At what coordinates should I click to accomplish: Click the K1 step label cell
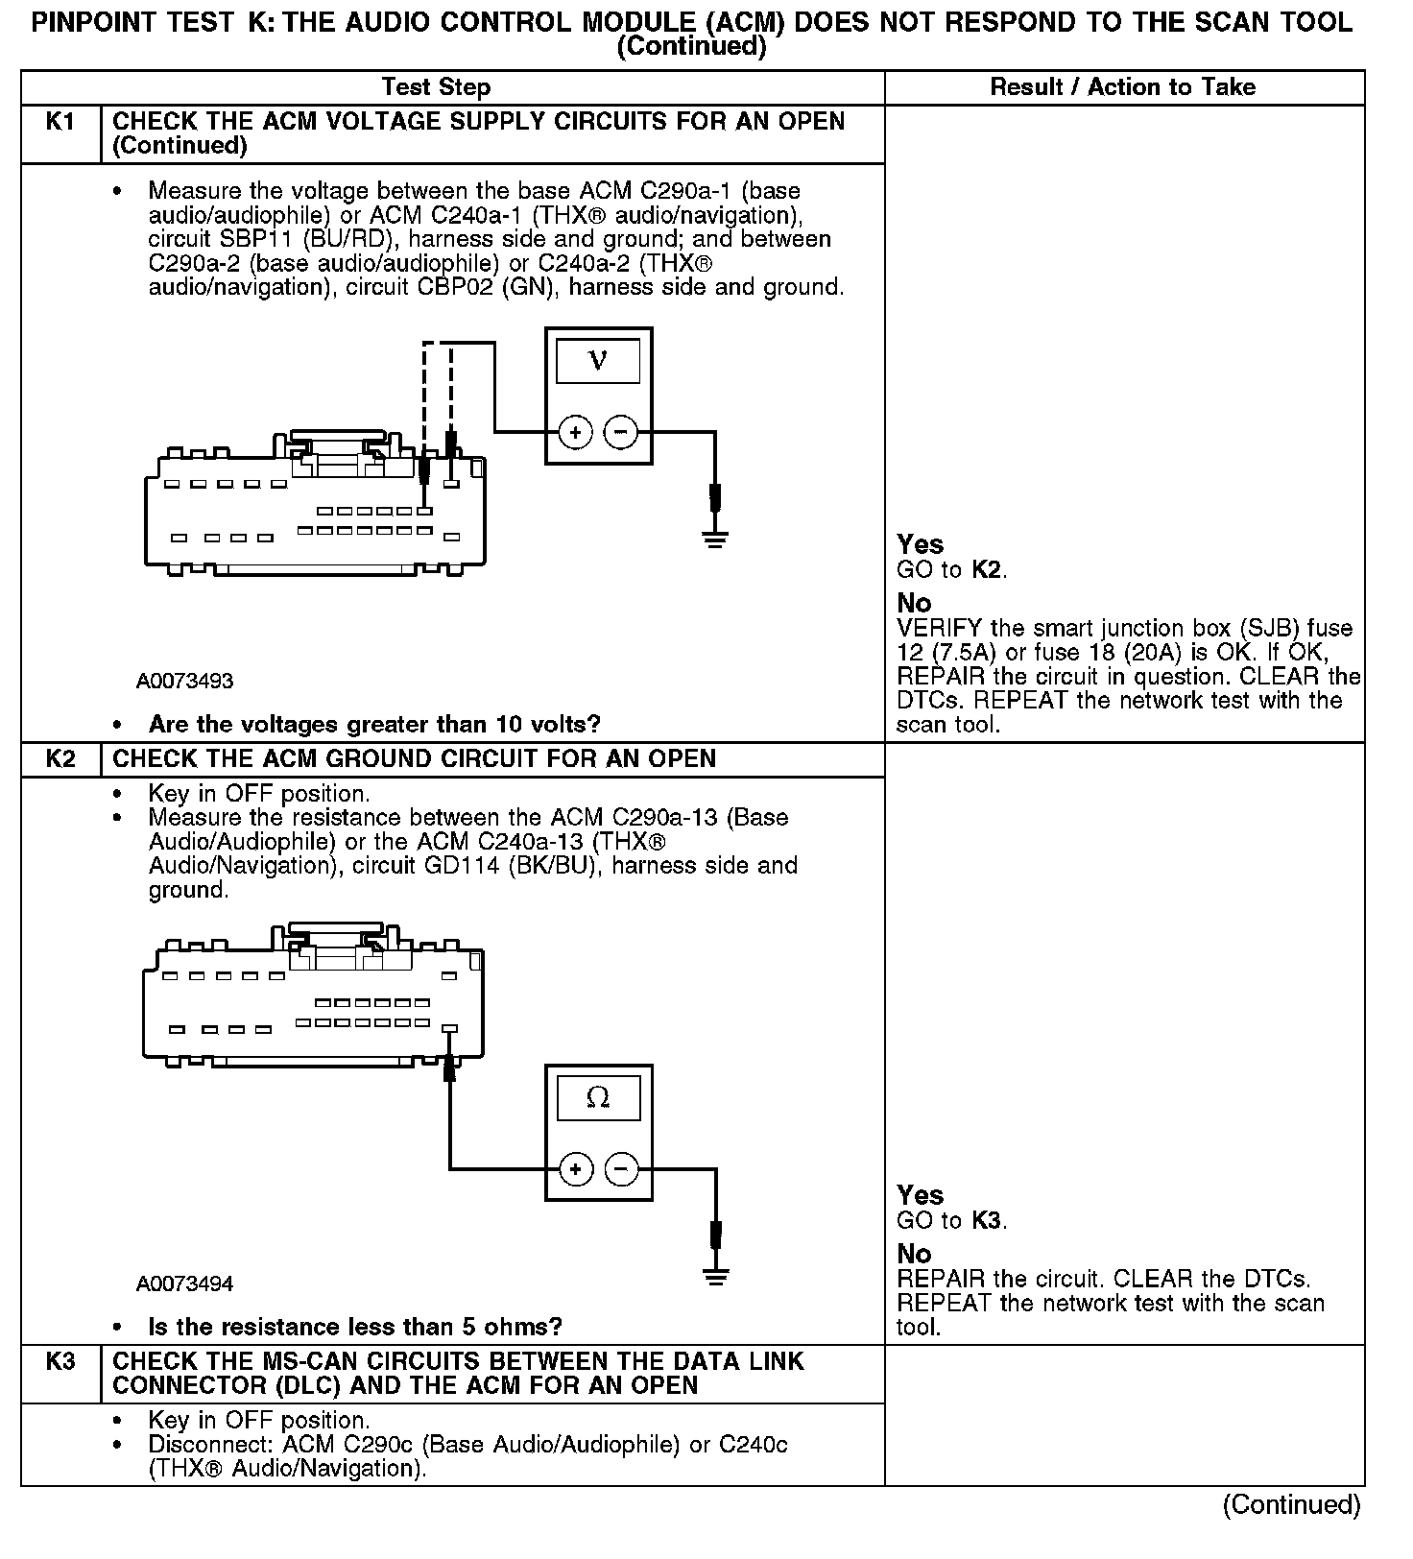[60, 123]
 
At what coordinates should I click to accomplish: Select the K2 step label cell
[60, 759]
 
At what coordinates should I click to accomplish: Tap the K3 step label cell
[60, 1362]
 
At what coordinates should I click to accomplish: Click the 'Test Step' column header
[436, 87]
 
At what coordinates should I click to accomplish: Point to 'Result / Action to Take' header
[1122, 87]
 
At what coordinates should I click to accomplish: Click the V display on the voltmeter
[598, 361]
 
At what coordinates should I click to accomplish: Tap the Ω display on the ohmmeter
[598, 1097]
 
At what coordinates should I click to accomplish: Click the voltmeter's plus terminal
[575, 433]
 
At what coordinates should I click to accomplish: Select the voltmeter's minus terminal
[621, 433]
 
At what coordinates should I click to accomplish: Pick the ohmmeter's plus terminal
[575, 1169]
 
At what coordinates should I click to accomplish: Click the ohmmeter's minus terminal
[621, 1169]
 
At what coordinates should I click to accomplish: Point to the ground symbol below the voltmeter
[715, 540]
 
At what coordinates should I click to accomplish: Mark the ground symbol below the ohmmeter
[715, 1277]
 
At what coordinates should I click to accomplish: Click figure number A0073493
[185, 682]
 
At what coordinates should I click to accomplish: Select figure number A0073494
[185, 1284]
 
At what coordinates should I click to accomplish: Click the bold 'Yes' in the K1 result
[920, 545]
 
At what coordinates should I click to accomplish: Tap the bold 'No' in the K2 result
[914, 1254]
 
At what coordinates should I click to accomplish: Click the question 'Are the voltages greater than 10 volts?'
[374, 724]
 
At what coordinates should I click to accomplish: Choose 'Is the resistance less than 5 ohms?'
[355, 1327]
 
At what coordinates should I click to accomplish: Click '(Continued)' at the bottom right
[1291, 1505]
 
